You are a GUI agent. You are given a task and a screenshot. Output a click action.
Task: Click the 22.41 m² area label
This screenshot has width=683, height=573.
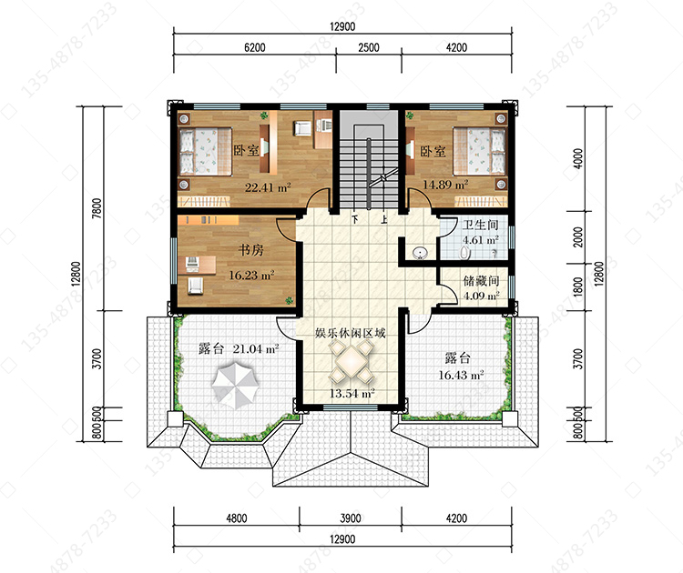268,187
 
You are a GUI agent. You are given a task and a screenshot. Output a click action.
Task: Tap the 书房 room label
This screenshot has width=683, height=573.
251,250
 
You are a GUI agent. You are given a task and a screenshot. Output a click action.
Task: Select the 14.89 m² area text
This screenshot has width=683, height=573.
445,185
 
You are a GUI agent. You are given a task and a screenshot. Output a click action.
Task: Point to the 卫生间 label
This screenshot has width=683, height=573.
481,225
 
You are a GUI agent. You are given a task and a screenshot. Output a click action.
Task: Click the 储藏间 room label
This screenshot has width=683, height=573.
481,281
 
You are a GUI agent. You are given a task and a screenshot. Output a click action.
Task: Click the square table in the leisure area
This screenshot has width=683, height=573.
352,361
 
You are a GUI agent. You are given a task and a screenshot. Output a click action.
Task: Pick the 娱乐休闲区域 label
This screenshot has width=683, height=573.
351,333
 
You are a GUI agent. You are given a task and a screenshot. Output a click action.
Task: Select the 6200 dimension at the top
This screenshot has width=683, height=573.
255,47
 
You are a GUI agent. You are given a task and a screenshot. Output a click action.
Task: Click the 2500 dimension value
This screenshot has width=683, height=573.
369,47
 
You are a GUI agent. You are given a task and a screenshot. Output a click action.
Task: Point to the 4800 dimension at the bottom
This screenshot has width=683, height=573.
237,518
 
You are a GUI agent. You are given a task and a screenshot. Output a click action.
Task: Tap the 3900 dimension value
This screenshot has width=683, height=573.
351,518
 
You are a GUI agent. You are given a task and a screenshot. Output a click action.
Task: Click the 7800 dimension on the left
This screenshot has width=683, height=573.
97,208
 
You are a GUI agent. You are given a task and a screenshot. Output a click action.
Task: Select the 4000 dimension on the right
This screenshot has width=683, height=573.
577,159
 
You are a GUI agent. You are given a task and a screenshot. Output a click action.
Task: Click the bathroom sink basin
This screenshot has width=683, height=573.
420,252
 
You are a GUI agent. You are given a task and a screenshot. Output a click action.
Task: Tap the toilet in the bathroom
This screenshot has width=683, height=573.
465,253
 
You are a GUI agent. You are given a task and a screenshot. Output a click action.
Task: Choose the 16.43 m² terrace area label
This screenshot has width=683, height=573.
461,375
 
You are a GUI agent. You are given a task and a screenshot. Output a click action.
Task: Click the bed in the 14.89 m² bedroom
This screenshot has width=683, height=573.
479,151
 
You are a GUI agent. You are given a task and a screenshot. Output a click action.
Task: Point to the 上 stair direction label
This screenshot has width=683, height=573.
383,219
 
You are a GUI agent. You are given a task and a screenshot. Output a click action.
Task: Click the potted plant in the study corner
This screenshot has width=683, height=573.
289,300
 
